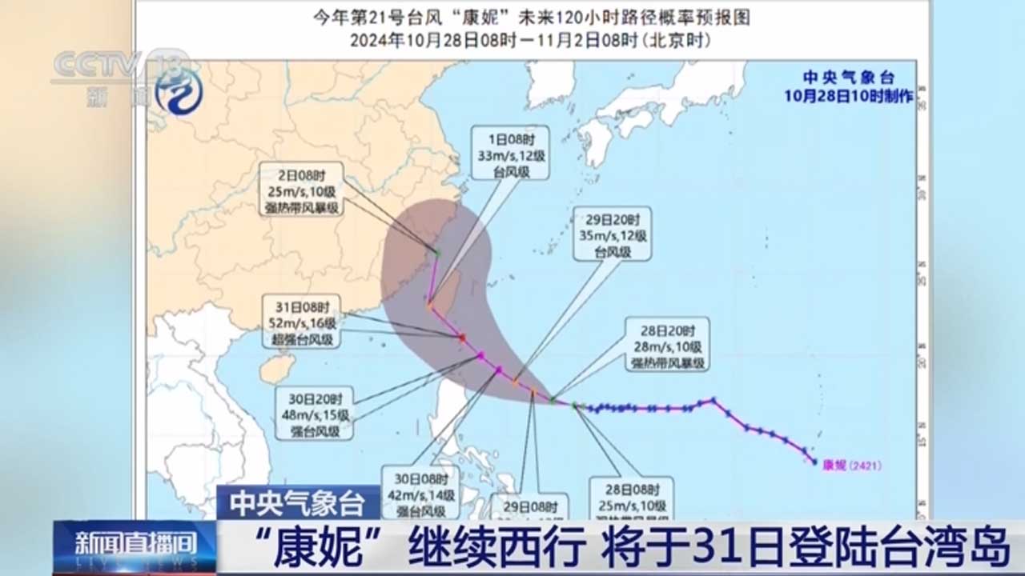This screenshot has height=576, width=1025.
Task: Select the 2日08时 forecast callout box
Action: coord(300,189)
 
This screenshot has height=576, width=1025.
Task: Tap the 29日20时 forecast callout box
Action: coord(612,234)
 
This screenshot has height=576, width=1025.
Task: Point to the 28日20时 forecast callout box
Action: coord(665,344)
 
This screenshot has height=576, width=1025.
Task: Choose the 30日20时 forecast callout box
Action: coord(315,413)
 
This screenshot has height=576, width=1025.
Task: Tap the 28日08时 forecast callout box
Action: coord(632,498)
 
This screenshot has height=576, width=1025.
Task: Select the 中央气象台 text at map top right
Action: coord(849,78)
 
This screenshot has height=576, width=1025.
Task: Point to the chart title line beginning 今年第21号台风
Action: coord(529,18)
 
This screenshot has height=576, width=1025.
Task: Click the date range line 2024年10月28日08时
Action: coord(529,39)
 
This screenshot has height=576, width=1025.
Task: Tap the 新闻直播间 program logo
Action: coord(135,546)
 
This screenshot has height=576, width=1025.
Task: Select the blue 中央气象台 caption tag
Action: coord(298,503)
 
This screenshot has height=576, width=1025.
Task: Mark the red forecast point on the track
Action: coord(462,338)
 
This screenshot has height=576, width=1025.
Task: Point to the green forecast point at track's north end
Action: coord(438,253)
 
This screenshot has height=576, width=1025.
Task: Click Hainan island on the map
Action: coord(275,369)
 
